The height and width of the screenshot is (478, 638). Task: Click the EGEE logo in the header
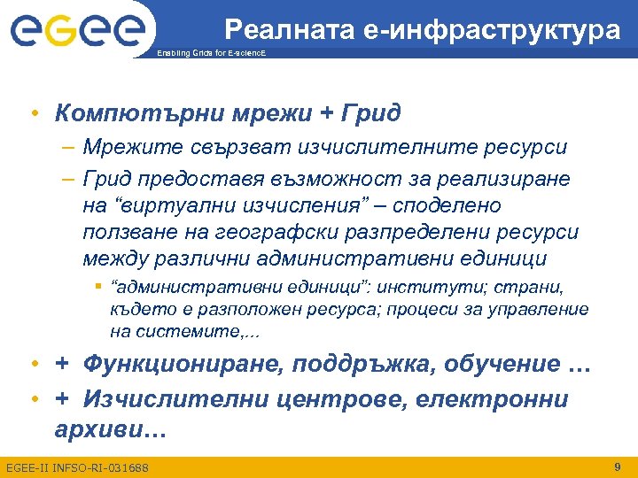[x=77, y=33]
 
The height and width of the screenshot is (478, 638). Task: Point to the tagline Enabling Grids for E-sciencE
[x=210, y=54]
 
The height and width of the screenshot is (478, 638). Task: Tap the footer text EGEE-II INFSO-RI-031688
[x=77, y=466]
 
